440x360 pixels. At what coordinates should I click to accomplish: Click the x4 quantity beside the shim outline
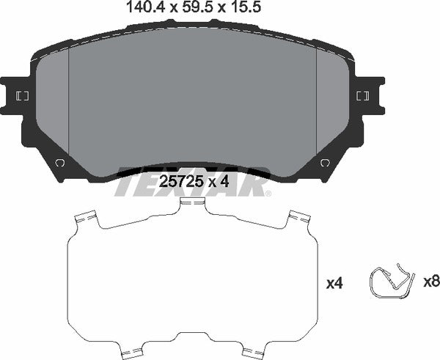click(334, 282)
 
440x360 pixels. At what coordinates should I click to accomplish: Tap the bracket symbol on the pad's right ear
click(361, 95)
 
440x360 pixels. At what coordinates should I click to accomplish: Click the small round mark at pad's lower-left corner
click(59, 163)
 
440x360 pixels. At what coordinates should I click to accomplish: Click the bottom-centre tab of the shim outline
click(191, 352)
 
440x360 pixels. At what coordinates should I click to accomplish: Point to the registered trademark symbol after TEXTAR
click(268, 194)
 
